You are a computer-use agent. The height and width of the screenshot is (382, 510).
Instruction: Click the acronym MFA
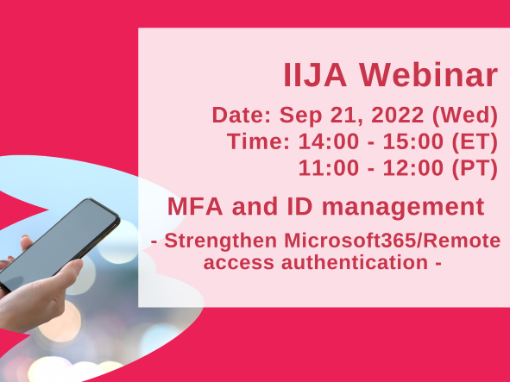(x=194, y=207)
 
